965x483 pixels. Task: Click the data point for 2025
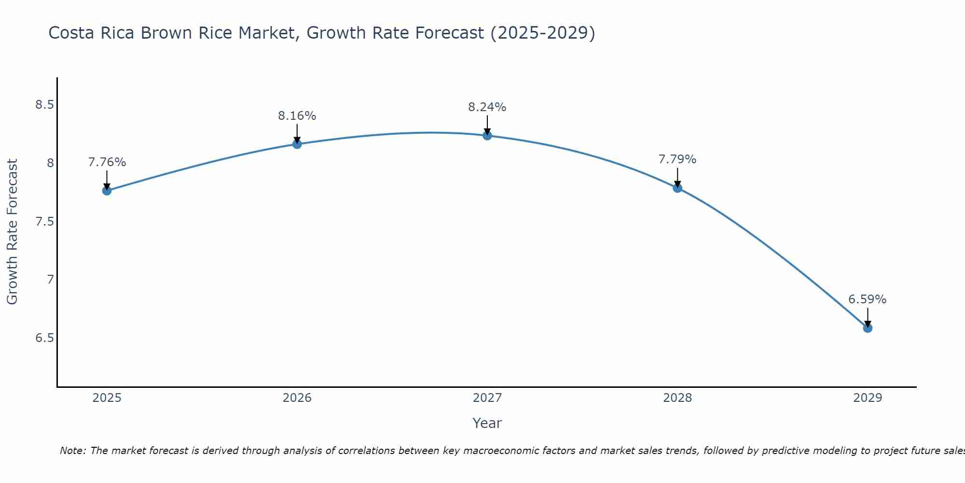click(107, 191)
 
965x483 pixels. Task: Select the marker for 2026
click(297, 144)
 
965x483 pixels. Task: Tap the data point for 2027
click(487, 135)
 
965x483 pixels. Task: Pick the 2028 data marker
click(677, 188)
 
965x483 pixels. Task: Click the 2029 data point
click(868, 328)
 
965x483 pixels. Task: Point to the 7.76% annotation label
click(107, 162)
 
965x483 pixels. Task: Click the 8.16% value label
click(297, 116)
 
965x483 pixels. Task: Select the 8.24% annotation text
click(487, 107)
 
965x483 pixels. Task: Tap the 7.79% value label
click(677, 159)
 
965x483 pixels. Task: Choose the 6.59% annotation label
click(867, 299)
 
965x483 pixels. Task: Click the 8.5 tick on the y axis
click(44, 105)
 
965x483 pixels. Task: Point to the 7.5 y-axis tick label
click(44, 222)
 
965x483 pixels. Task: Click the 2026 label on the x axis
click(297, 398)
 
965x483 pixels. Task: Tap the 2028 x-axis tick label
click(677, 398)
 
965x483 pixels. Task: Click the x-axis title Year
click(487, 423)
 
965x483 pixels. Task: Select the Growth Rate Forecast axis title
click(12, 232)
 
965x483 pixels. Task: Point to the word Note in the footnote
click(72, 451)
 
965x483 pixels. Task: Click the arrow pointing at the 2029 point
click(868, 317)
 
